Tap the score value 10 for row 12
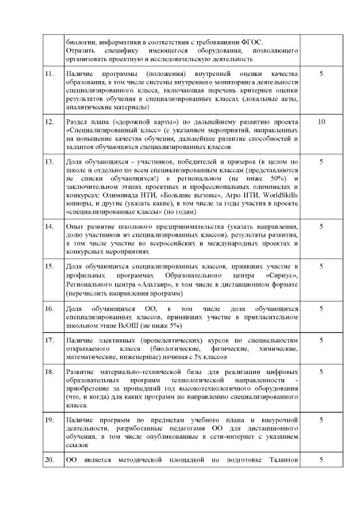(x=321, y=122)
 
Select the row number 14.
(x=50, y=226)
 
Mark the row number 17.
(x=50, y=340)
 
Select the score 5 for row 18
(x=321, y=372)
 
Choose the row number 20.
(x=50, y=461)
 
